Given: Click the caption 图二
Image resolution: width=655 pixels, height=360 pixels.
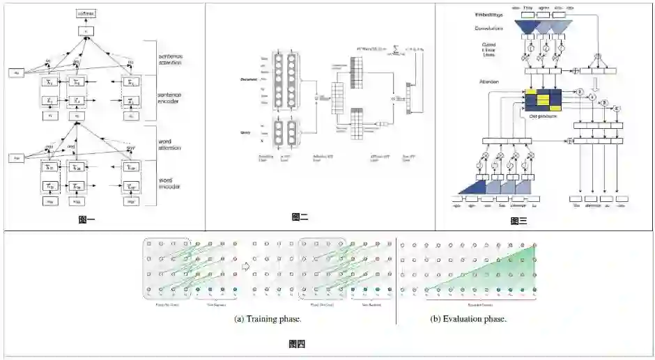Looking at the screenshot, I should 300,217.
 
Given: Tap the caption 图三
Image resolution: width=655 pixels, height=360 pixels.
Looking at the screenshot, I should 518,221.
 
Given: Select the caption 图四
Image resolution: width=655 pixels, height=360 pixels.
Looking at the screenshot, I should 297,343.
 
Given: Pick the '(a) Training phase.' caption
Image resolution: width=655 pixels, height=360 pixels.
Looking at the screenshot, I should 268,319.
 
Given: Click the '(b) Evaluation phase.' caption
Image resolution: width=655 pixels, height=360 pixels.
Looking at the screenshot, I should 468,319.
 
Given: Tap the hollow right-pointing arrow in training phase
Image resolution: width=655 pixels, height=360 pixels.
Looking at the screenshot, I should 245,265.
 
